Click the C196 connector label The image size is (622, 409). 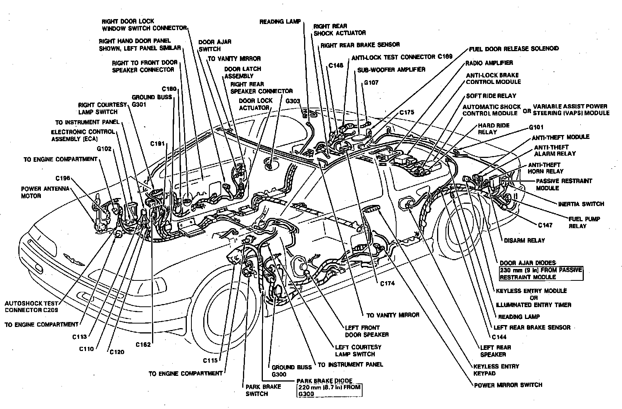click(x=63, y=178)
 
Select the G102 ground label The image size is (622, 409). click(x=104, y=149)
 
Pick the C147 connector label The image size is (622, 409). click(x=545, y=225)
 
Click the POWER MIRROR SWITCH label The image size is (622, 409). click(x=508, y=385)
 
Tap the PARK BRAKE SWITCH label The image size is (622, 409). click(x=258, y=390)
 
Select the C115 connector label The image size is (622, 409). click(x=210, y=361)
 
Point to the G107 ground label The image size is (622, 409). click(x=371, y=82)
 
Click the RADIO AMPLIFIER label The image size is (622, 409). click(x=489, y=63)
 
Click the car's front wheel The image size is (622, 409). click(x=225, y=305)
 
